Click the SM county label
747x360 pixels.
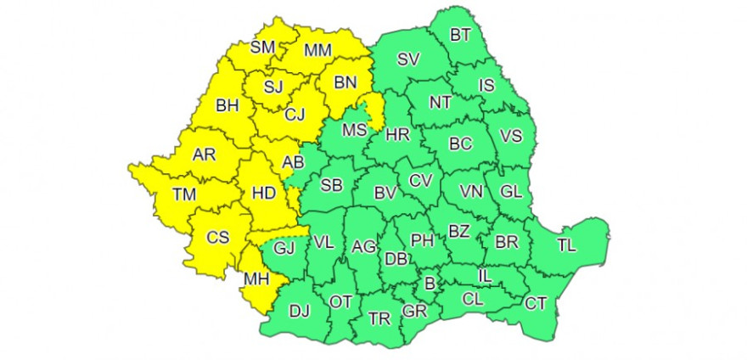[263, 48]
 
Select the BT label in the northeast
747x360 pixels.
[461, 35]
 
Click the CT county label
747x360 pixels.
[536, 303]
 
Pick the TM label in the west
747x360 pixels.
[184, 194]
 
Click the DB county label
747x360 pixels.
[395, 259]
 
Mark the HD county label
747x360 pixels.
[264, 194]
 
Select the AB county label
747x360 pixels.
[292, 162]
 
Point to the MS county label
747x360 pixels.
[353, 131]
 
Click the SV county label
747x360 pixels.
[408, 59]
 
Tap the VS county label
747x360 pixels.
[511, 136]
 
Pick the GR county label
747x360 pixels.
[414, 311]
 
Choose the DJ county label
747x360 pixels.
[300, 311]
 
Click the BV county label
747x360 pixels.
[386, 193]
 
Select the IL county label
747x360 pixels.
[486, 276]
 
